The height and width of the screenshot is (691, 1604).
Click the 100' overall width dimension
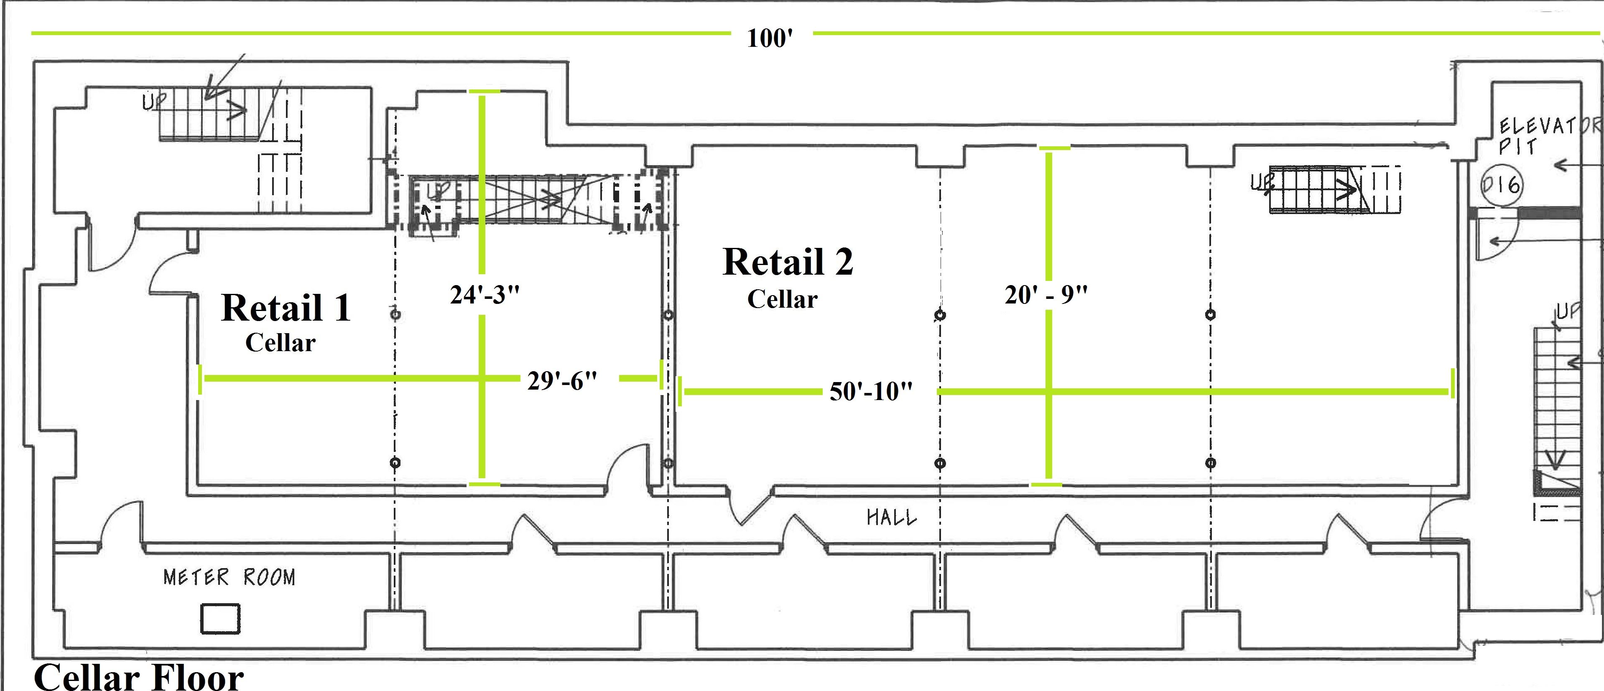[x=770, y=38]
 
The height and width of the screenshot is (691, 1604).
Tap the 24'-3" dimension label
[x=485, y=294]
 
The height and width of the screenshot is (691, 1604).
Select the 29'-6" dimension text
[x=562, y=380]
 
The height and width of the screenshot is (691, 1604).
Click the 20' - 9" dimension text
[x=1046, y=294]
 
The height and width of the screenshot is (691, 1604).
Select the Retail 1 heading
[x=286, y=308]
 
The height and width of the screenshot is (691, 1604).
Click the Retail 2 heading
[x=788, y=261]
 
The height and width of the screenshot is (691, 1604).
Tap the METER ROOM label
[x=229, y=577]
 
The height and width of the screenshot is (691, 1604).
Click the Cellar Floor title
[x=138, y=677]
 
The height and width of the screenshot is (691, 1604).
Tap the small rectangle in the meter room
[x=220, y=619]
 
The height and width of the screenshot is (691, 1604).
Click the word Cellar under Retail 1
[x=280, y=342]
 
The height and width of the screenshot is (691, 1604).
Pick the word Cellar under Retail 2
[x=782, y=299]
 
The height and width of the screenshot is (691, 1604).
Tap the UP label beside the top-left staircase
[x=153, y=102]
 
